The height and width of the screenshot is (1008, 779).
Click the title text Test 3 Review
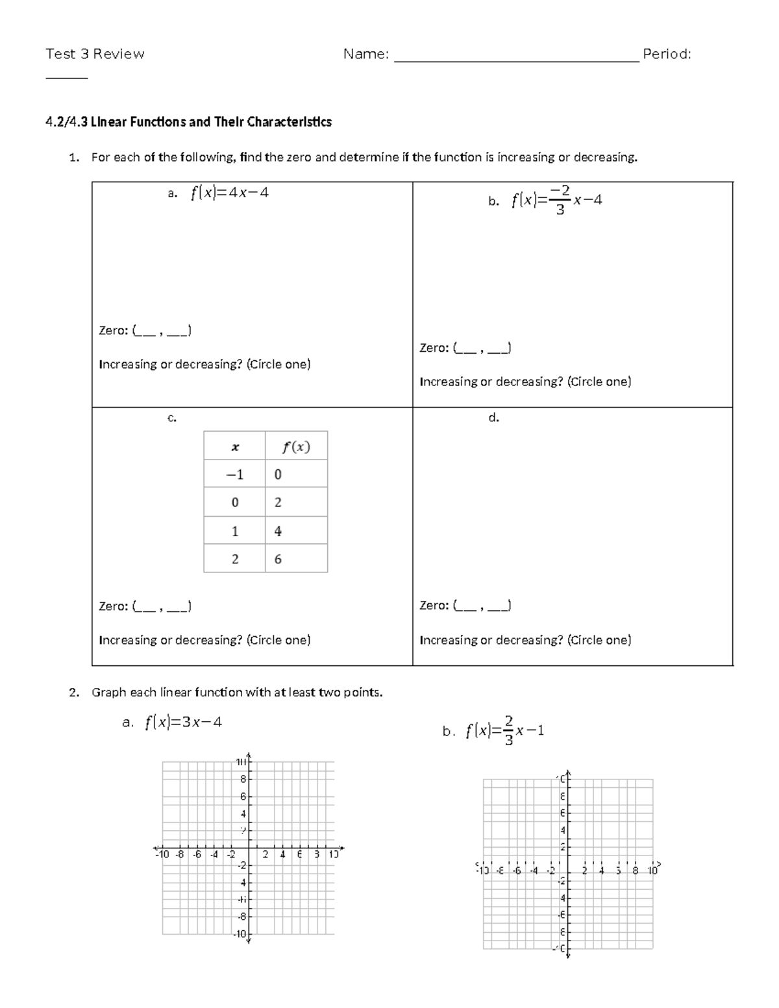click(x=95, y=54)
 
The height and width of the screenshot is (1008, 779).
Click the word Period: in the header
click(x=666, y=54)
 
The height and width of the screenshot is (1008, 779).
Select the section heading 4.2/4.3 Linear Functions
click(x=188, y=122)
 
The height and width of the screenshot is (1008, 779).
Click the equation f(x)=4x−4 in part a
click(x=229, y=193)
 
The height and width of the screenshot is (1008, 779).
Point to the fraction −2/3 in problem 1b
click(x=560, y=200)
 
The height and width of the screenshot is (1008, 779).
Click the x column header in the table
click(x=234, y=447)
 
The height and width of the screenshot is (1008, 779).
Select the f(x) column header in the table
click(x=296, y=447)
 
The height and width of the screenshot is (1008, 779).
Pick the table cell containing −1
click(x=234, y=474)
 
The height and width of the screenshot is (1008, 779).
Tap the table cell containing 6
click(x=278, y=559)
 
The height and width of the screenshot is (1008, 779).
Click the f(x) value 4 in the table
click(x=278, y=531)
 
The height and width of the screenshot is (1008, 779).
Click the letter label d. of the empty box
click(x=493, y=418)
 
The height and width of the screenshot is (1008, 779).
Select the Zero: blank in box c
click(x=162, y=607)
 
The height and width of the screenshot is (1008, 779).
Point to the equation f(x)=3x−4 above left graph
click(x=183, y=722)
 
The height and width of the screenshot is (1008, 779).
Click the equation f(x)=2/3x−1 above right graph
click(x=504, y=731)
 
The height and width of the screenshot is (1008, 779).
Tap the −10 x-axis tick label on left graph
click(x=162, y=854)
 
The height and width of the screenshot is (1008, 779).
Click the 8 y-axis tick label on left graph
click(x=243, y=779)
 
